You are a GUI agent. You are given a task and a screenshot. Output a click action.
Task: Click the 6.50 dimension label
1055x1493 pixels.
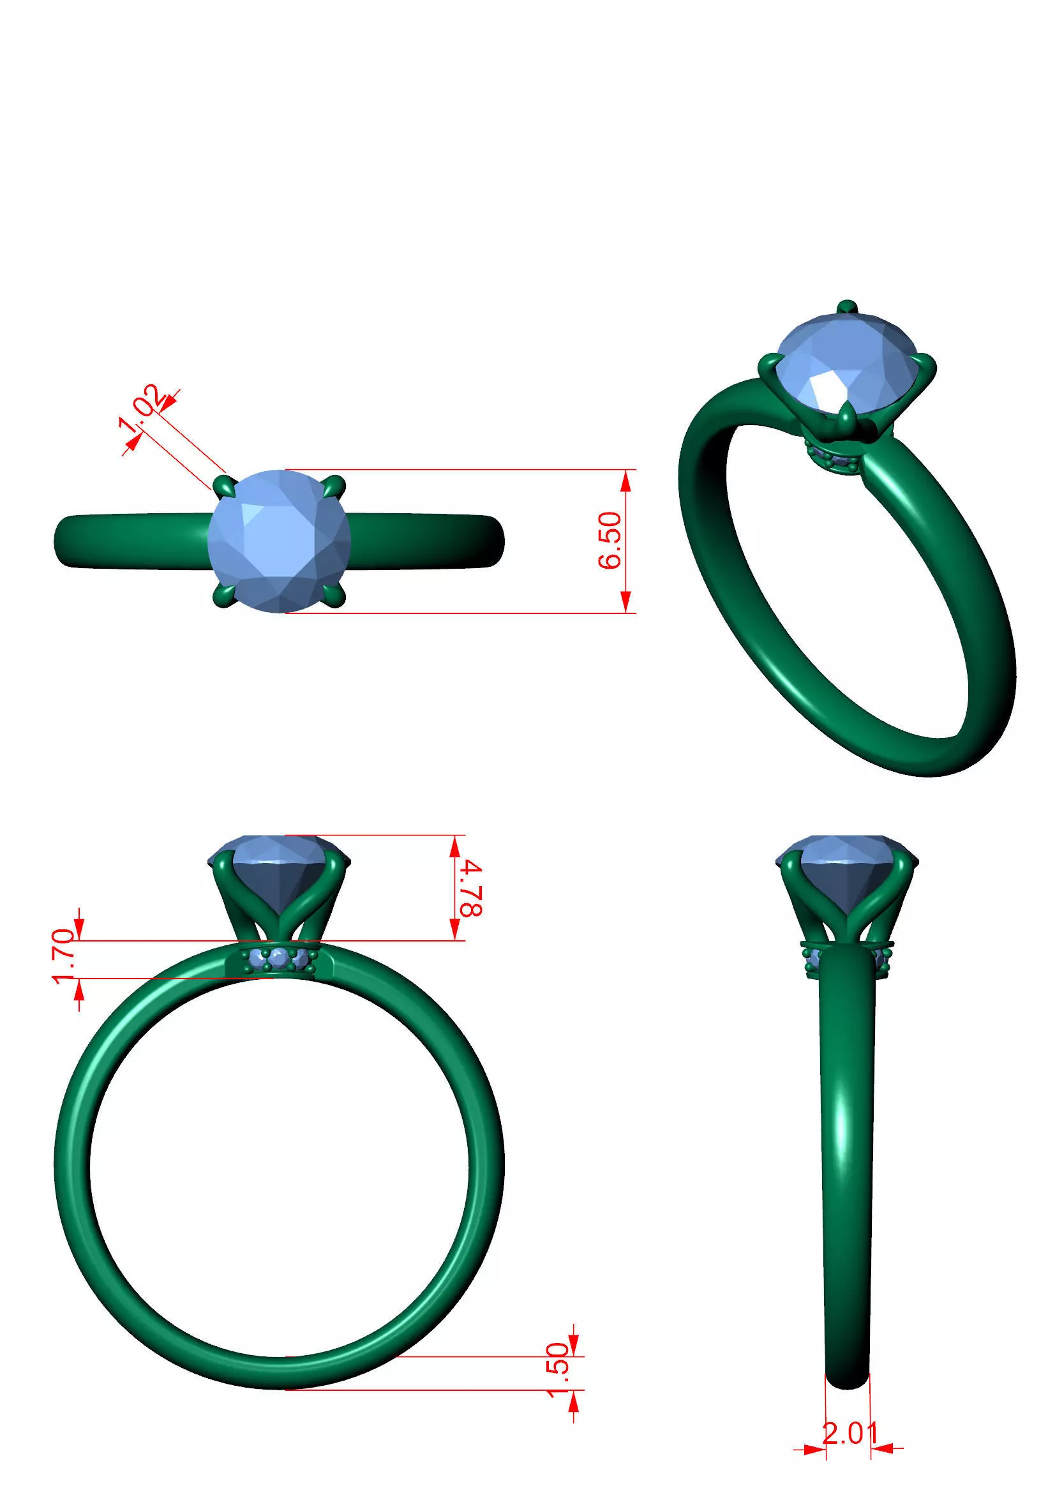[x=610, y=541]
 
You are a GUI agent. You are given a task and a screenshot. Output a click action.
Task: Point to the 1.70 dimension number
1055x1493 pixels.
[x=65, y=957]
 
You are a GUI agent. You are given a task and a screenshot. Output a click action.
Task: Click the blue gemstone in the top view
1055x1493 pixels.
[x=280, y=541]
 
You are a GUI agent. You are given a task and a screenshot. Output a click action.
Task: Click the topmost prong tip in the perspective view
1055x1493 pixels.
[x=846, y=307]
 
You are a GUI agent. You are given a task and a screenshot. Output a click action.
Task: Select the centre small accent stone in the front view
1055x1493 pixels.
[x=280, y=957]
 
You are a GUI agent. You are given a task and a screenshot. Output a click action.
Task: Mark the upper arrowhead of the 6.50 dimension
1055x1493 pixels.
[x=625, y=481]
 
